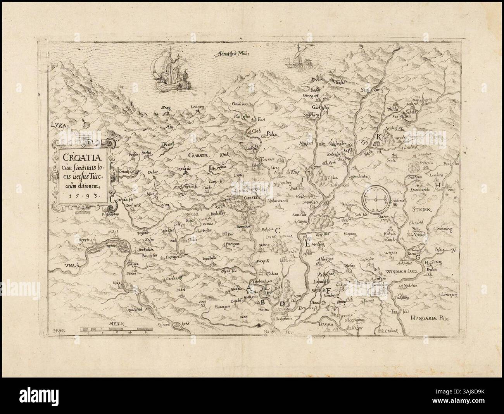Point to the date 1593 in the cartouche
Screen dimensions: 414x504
(84, 196)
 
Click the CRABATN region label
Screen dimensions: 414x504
(200, 154)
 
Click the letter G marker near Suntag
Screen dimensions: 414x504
(418, 257)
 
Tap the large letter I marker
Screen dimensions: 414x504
(300, 179)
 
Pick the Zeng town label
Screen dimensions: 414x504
(167, 110)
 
